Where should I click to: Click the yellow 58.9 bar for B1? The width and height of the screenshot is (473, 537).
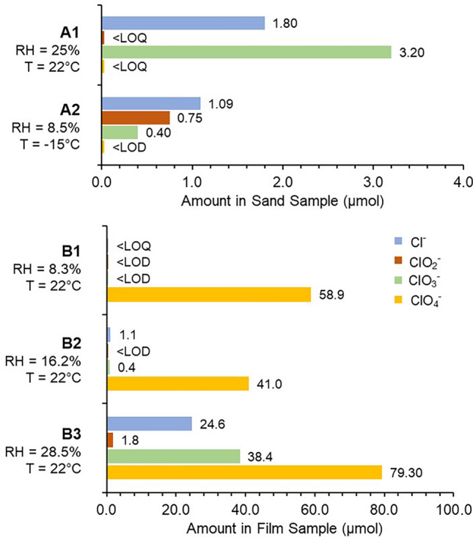point(209,295)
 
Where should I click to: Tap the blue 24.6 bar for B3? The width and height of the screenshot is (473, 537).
point(150,423)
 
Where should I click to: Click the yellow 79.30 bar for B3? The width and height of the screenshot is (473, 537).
point(244,472)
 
